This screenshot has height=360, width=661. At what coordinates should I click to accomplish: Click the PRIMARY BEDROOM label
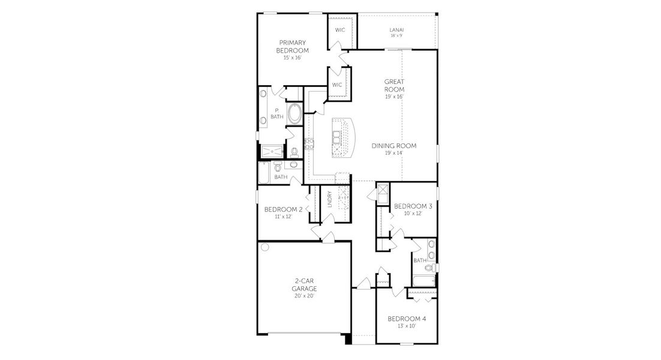pyautogui.click(x=293, y=47)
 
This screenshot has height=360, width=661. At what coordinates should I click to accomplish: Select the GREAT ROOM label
pyautogui.click(x=394, y=85)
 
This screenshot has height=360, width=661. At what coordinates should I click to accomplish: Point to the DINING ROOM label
pyautogui.click(x=393, y=146)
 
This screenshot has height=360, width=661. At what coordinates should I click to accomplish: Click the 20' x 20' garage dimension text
pyautogui.click(x=304, y=296)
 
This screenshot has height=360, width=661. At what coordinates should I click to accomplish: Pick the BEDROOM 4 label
pyautogui.click(x=406, y=319)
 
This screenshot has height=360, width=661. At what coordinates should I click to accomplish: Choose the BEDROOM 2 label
pyautogui.click(x=283, y=209)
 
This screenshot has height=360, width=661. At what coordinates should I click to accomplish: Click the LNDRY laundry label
pyautogui.click(x=329, y=199)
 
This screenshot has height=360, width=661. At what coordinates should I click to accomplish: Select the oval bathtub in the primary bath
pyautogui.click(x=295, y=114)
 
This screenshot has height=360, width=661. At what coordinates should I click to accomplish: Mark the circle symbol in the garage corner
pyautogui.click(x=264, y=247)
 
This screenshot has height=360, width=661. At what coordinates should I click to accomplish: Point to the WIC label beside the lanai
pyautogui.click(x=339, y=29)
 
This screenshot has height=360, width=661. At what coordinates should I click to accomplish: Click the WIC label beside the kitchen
pyautogui.click(x=336, y=85)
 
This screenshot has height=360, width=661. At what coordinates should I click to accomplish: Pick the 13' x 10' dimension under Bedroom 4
pyautogui.click(x=406, y=326)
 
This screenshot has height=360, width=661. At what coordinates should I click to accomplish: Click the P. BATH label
pyautogui.click(x=276, y=113)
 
